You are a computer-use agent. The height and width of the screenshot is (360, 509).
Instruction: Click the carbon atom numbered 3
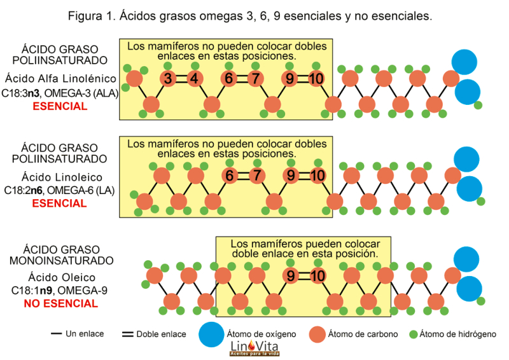[167, 79]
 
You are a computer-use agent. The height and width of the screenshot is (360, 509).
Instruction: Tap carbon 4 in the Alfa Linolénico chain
[194, 79]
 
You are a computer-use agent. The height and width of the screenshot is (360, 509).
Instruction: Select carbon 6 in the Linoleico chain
[229, 176]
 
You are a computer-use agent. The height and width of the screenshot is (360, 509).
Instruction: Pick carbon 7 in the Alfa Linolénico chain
[256, 79]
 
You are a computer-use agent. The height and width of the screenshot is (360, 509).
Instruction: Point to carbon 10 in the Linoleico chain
[317, 176]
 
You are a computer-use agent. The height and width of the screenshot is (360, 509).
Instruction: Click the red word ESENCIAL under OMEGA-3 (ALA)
[60, 106]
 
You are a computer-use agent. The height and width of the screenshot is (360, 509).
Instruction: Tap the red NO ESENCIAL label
[60, 303]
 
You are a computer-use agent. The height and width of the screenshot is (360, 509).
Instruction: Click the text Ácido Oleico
[62, 277]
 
